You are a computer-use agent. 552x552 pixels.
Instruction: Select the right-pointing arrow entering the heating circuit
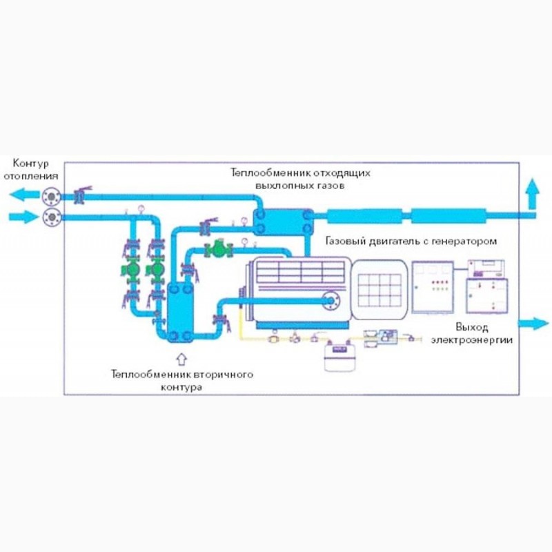coord(21,217)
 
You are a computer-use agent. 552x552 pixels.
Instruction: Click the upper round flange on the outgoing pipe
coord(51,196)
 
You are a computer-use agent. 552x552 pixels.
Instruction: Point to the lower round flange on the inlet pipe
coord(51,218)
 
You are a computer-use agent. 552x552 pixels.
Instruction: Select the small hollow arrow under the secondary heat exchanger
coord(181,358)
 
